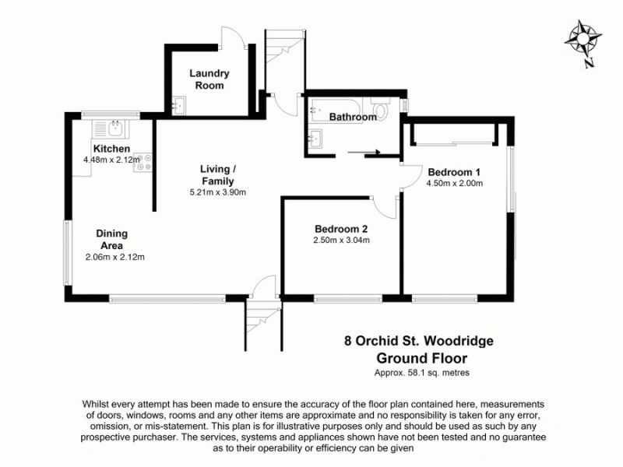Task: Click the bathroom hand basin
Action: click(x=316, y=139)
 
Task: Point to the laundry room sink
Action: click(x=178, y=105)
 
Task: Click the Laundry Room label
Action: click(x=209, y=79)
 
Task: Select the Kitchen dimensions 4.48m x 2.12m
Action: click(x=111, y=160)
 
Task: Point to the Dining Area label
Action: click(x=112, y=239)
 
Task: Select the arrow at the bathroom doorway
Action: click(x=366, y=153)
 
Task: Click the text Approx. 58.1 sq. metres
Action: click(x=421, y=373)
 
